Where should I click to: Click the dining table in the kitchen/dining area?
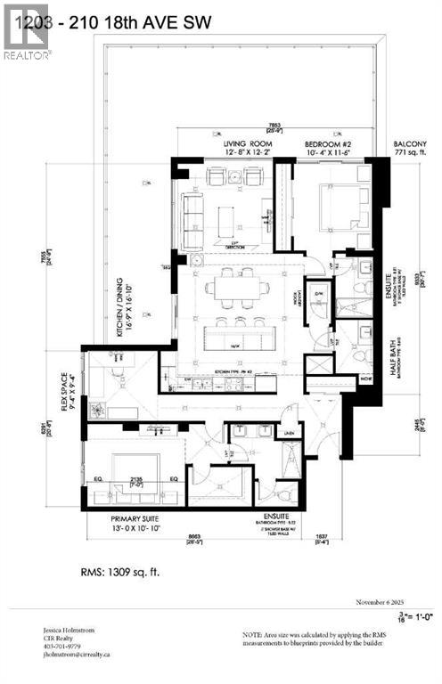point(236,288)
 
